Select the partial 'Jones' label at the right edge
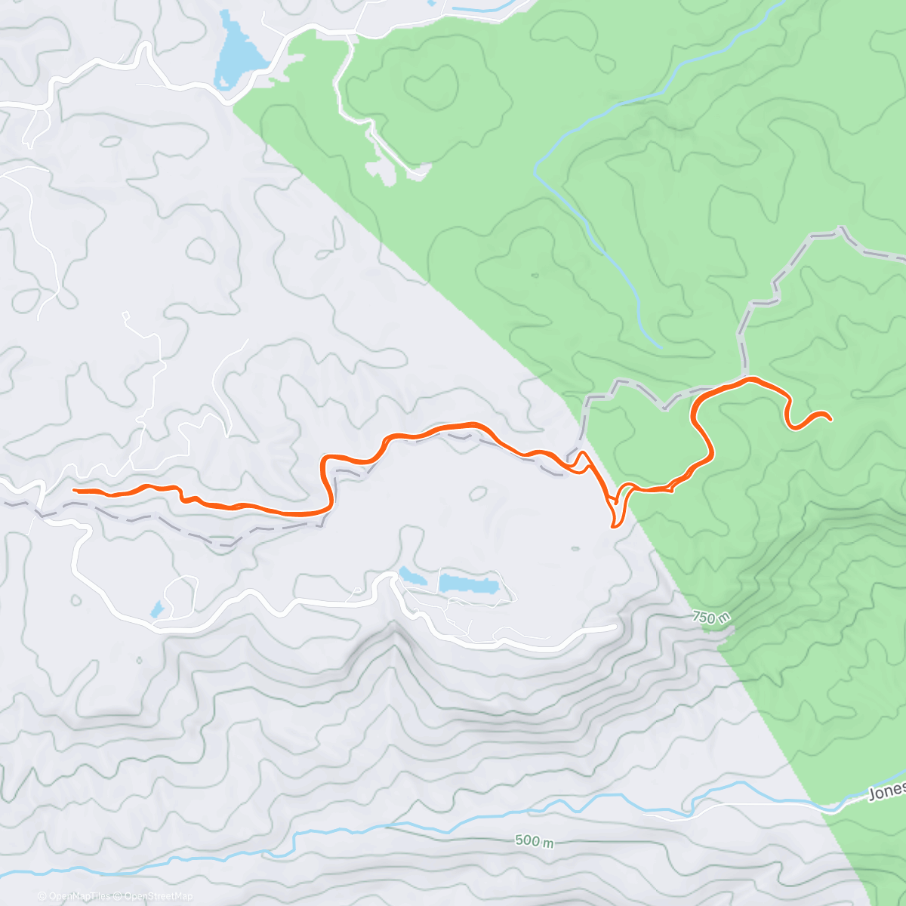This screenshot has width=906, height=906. tap(886, 791)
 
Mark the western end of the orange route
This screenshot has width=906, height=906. tap(74, 491)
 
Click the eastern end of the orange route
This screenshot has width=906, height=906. tap(830, 418)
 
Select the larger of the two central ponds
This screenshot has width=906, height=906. tap(469, 584)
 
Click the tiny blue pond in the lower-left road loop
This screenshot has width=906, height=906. tap(156, 609)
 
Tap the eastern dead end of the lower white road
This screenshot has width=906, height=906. tap(615, 627)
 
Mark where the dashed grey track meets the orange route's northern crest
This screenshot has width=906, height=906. tap(747, 377)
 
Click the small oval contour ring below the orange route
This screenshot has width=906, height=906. tap(478, 494)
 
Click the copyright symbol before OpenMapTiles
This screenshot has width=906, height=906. tap(42, 896)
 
